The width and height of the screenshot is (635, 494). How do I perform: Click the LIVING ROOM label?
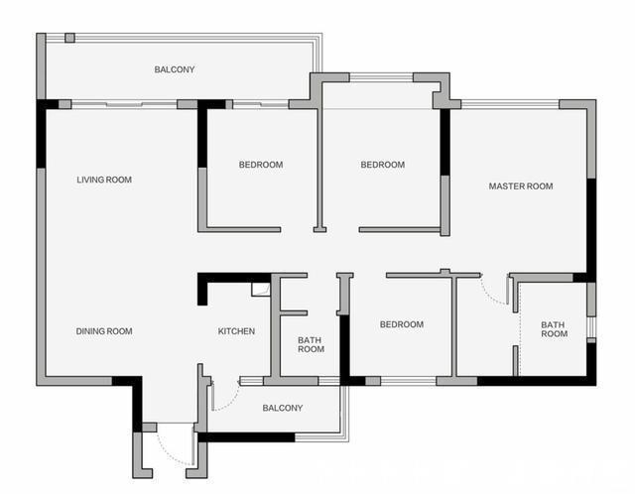(x=104, y=180)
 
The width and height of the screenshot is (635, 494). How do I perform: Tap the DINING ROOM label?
(x=104, y=331)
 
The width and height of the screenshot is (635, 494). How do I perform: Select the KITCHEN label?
(x=236, y=331)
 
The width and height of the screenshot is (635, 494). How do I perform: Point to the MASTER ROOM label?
(x=521, y=186)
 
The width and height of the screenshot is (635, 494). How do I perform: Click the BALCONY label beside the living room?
(x=175, y=69)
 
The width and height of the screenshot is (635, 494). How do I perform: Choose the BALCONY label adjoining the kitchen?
(x=283, y=408)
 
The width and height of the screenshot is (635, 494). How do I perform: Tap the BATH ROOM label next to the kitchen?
(x=311, y=344)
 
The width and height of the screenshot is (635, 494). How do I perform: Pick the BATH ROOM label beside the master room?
(x=554, y=329)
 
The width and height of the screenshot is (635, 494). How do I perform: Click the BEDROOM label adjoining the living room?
(x=261, y=165)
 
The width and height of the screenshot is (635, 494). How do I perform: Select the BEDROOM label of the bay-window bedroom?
(x=383, y=165)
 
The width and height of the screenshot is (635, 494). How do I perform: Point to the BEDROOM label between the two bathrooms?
(x=402, y=324)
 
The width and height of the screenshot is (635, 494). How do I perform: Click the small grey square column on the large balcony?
(x=70, y=38)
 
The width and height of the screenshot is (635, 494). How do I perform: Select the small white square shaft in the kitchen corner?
(x=260, y=290)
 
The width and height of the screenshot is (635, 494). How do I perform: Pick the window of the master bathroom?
(x=591, y=326)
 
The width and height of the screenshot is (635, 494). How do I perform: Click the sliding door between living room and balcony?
(x=124, y=104)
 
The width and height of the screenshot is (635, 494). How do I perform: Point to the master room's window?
(x=510, y=104)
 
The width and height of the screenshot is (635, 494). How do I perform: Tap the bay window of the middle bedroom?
(x=381, y=77)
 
